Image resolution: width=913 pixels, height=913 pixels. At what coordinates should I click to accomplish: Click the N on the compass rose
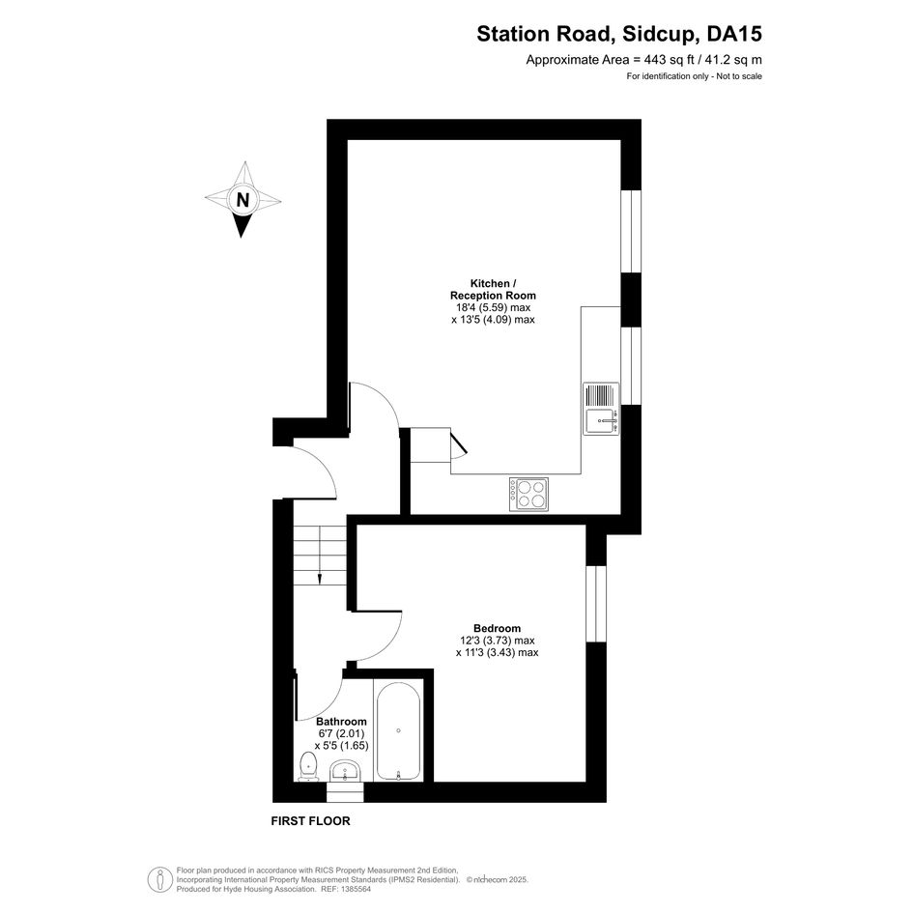click(x=243, y=200)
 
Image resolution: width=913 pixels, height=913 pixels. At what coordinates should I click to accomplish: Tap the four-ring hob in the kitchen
click(x=528, y=495)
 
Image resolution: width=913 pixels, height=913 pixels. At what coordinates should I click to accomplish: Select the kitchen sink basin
click(x=601, y=421)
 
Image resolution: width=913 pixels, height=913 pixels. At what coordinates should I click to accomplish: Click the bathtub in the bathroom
click(x=398, y=730)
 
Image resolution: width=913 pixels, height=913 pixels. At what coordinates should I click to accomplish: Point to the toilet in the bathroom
click(x=307, y=766)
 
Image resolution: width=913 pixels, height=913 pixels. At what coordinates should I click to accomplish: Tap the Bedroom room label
click(x=497, y=628)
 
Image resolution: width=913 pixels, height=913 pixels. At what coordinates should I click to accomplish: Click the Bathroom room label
click(x=341, y=722)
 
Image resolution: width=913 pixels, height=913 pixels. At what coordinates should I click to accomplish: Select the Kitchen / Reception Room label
click(x=493, y=290)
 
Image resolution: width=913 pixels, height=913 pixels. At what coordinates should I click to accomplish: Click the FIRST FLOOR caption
click(x=310, y=821)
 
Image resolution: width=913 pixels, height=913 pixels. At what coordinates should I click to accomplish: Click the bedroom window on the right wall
click(x=596, y=603)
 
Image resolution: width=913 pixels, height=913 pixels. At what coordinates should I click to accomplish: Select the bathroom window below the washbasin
click(x=345, y=792)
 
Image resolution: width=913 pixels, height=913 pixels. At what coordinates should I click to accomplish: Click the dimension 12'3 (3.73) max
click(x=497, y=641)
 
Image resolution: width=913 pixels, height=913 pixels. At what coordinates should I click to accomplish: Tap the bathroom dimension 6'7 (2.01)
click(x=341, y=733)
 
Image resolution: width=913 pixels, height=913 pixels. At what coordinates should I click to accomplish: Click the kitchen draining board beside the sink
click(x=601, y=395)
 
